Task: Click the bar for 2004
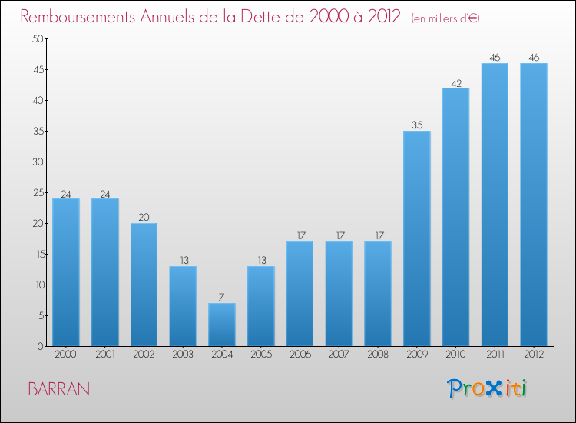tap(222, 325)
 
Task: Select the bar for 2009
tap(417, 238)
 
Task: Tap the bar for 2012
tap(534, 205)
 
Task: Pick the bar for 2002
tap(144, 285)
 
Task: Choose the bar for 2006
tap(300, 294)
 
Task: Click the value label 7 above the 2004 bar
tap(222, 297)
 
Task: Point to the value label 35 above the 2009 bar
tap(417, 125)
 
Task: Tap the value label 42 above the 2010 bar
tap(456, 82)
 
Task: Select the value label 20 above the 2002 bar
tap(144, 217)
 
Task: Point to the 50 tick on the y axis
tap(35, 39)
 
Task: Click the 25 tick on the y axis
tap(35, 193)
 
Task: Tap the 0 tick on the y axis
tap(38, 347)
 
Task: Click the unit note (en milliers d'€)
tap(445, 18)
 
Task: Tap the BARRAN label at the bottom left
tap(58, 389)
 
